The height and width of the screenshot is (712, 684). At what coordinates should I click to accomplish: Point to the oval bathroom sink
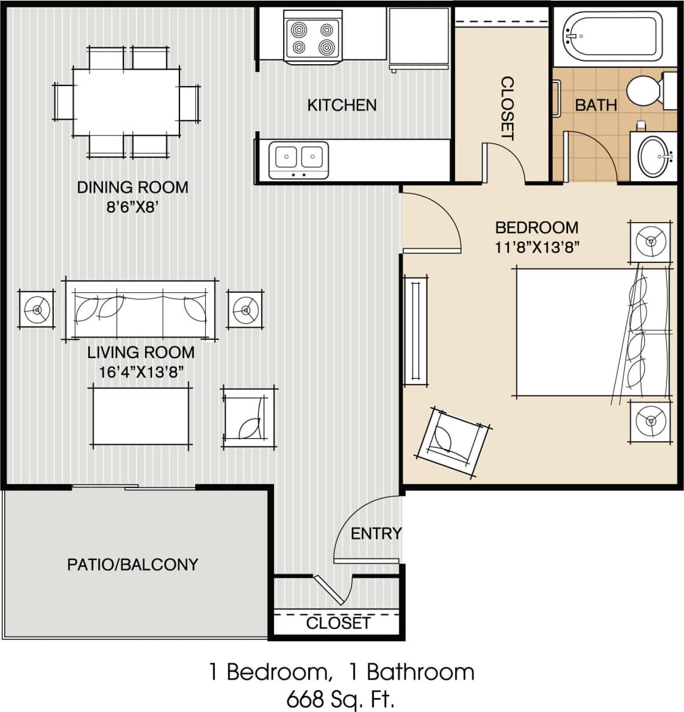point(654,156)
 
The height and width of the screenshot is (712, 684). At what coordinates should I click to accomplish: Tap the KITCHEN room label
point(342,106)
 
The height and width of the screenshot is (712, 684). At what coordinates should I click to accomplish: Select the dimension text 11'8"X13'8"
point(536,247)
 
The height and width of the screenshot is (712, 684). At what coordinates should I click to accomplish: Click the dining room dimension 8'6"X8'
point(132,207)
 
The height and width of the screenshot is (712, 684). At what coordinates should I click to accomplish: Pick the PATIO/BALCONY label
point(132,564)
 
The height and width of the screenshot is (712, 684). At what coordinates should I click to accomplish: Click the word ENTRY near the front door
point(376,534)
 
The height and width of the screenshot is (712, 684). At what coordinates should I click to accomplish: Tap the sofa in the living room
point(140,309)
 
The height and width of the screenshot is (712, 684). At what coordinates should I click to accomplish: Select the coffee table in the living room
point(141,415)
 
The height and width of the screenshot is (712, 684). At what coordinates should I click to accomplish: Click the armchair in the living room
point(248,418)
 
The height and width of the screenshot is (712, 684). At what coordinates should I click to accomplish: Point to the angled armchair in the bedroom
point(452,440)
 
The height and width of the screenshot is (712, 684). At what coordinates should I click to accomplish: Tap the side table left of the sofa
point(37,310)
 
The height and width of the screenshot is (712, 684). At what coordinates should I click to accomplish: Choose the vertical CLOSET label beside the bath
point(507,108)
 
